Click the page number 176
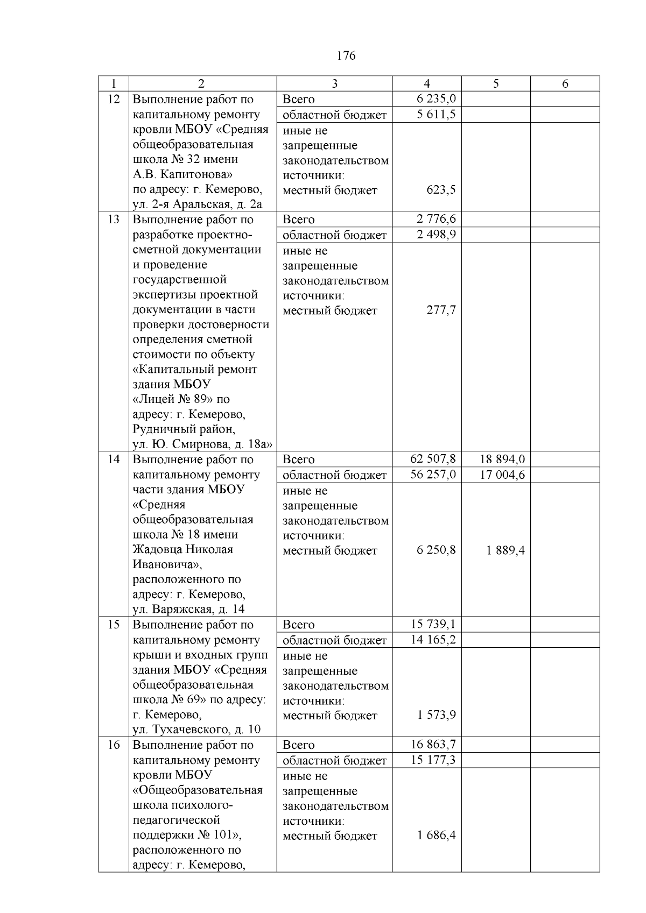346,56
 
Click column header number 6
565,84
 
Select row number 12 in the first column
114,100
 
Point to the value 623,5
441,190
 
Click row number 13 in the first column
114,220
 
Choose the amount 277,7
441,310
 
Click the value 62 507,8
433,459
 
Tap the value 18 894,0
502,459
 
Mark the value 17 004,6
502,475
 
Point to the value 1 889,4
505,550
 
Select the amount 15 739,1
433,624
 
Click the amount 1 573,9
436,715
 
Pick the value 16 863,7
433,745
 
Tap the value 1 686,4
436,836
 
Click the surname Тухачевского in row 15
192,730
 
